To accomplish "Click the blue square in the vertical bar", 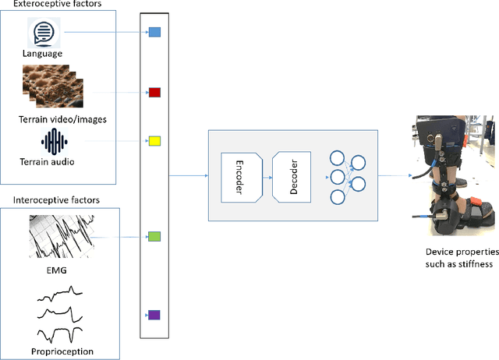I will [154, 33].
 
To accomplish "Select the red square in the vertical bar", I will [154, 92].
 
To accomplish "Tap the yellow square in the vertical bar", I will [154, 141].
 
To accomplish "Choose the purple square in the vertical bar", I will [154, 315].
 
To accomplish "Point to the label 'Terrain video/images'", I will [62, 118].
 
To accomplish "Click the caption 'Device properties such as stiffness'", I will [456, 258].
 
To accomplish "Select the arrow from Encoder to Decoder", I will [266, 177].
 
